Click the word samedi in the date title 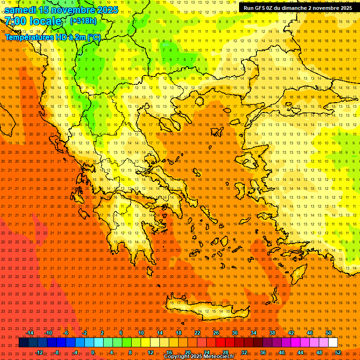click(21, 10)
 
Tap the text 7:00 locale click(33, 21)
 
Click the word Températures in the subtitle click(28, 37)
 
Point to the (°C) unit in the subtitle click(92, 37)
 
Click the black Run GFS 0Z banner click(298, 8)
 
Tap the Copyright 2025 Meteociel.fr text click(199, 357)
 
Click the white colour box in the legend click(333, 343)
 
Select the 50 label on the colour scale click(329, 333)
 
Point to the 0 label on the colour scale click(93, 352)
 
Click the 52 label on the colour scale click(338, 352)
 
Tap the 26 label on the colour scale click(216, 333)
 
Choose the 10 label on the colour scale click(141, 333)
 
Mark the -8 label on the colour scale click(57, 352)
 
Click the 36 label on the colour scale click(263, 352)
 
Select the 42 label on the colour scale click(291, 333)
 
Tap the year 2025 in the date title click(108, 10)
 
